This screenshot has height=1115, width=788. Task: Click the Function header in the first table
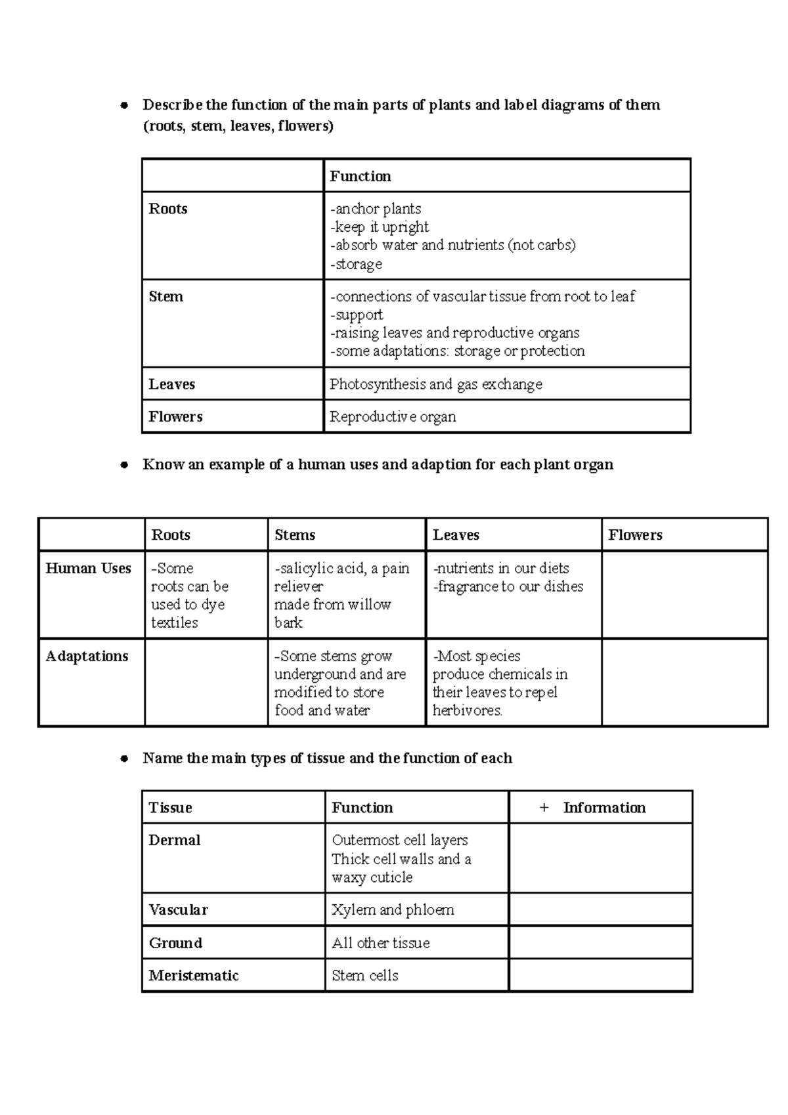click(x=360, y=176)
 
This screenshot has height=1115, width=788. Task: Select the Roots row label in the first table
click(x=168, y=209)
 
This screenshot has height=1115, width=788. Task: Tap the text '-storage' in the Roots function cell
click(x=356, y=264)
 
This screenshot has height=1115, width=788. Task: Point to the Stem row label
click(x=166, y=297)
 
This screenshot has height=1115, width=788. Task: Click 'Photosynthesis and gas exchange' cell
click(x=436, y=384)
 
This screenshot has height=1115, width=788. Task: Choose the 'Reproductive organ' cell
click(x=393, y=417)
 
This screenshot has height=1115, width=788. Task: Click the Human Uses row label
click(x=88, y=569)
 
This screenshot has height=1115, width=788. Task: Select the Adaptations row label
click(x=87, y=656)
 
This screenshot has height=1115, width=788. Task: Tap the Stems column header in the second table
click(x=295, y=535)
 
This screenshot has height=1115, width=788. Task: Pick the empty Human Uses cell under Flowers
click(x=684, y=594)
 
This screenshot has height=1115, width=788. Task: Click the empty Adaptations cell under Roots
click(x=206, y=682)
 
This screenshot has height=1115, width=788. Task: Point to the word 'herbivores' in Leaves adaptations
click(x=466, y=711)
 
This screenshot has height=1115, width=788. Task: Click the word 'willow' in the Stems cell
click(x=371, y=605)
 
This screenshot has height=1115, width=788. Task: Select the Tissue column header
click(x=171, y=808)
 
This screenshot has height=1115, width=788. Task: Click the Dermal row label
click(x=175, y=841)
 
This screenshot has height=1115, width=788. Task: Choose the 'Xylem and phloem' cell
click(x=393, y=910)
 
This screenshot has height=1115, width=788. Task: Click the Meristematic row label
click(x=194, y=976)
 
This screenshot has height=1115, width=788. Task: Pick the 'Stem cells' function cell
click(x=365, y=976)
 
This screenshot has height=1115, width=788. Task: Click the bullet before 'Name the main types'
click(x=123, y=759)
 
